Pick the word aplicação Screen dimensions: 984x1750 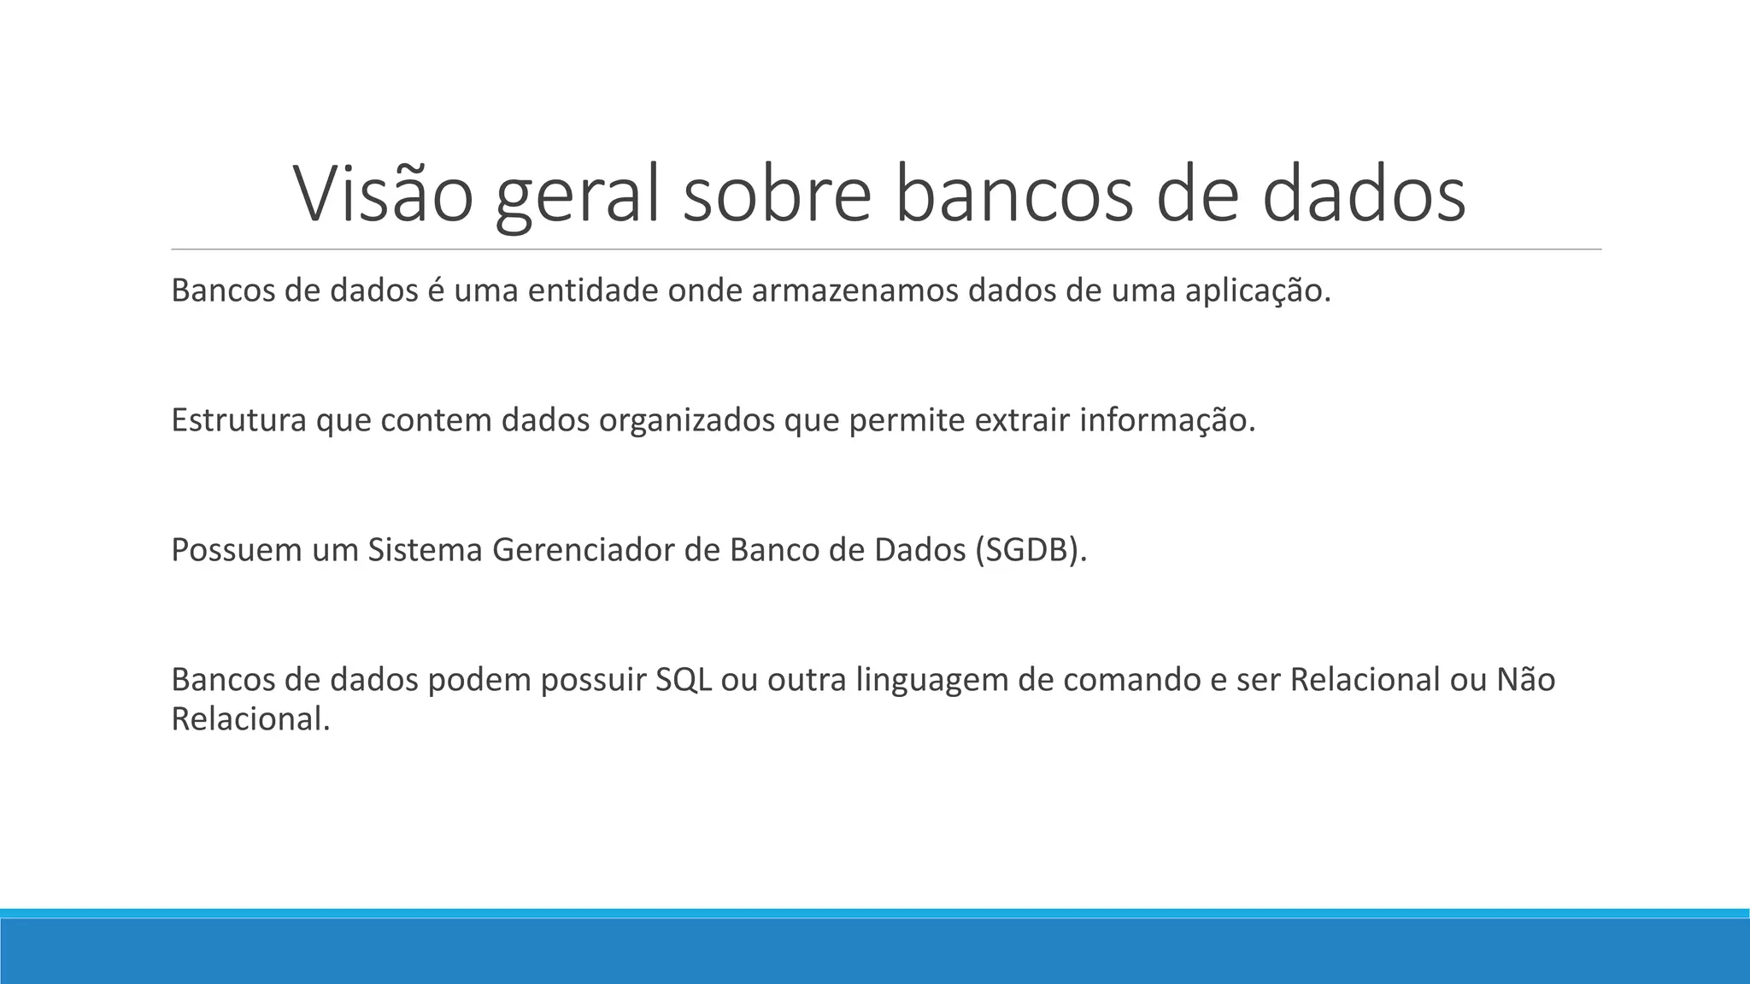pyautogui.click(x=1257, y=292)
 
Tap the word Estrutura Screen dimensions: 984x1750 pyautogui.click(x=238, y=420)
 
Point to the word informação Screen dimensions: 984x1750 pyautogui.click(x=1167, y=421)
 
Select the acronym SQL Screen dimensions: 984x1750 pyautogui.click(x=684, y=680)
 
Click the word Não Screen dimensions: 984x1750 pyautogui.click(x=1526, y=680)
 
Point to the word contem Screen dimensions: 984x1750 pyautogui.click(x=435, y=420)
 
